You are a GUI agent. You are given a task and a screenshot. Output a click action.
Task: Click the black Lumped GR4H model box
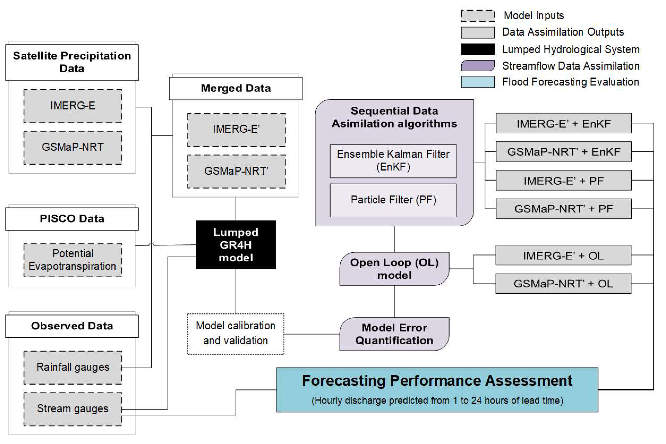tap(235, 245)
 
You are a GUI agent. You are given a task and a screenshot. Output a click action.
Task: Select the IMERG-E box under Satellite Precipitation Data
tap(73, 106)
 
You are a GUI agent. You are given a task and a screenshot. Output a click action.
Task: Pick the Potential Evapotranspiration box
tap(73, 260)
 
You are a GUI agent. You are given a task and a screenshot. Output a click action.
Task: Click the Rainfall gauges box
tap(73, 367)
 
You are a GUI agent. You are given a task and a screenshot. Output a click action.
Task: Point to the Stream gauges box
tap(73, 409)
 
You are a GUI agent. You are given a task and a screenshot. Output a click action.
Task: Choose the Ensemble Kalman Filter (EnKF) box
tap(393, 161)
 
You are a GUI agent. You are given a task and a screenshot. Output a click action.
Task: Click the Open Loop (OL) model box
tap(394, 269)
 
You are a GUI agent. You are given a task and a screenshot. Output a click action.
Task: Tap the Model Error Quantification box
tap(394, 334)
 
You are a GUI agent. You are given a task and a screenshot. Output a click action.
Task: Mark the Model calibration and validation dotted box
tap(235, 334)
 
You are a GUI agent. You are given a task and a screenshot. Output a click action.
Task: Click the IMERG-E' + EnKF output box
tap(564, 123)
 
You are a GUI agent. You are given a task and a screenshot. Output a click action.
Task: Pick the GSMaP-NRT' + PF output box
tap(564, 209)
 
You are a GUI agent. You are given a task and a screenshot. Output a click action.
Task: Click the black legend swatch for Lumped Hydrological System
tap(478, 49)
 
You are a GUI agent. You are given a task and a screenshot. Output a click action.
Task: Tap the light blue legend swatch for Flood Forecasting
tap(478, 82)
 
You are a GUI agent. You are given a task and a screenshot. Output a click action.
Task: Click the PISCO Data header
tap(72, 219)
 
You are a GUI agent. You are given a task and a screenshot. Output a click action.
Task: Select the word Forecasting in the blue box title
tap(343, 381)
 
